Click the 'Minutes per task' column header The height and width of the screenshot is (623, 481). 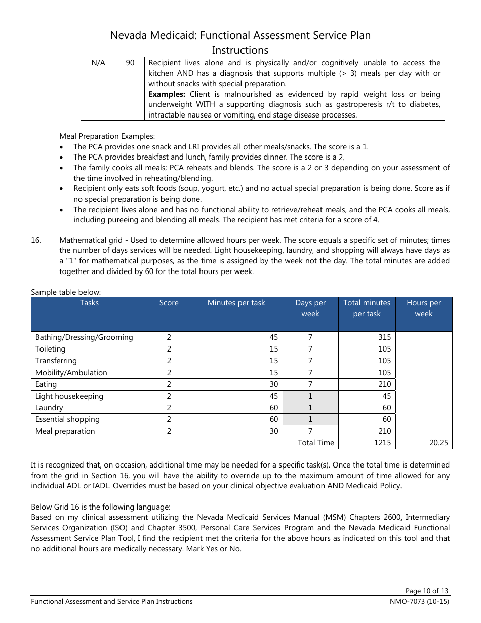pyautogui.click(x=236, y=303)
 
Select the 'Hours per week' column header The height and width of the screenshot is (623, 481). pyautogui.click(x=423, y=308)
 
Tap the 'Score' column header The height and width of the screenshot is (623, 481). pyautogui.click(x=169, y=303)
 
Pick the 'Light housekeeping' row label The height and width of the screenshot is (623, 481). pyautogui.click(x=69, y=396)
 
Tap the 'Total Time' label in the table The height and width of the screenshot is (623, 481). pyautogui.click(x=315, y=443)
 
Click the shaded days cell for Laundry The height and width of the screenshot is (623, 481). pyautogui.click(x=310, y=408)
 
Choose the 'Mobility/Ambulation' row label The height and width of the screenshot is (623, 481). pyautogui.click(x=71, y=373)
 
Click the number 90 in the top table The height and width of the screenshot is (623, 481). pyautogui.click(x=130, y=63)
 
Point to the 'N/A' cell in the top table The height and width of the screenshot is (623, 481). pyautogui.click(x=98, y=63)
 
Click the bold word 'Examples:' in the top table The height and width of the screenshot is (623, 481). pyautogui.click(x=167, y=94)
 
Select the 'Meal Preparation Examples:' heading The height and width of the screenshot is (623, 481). pyautogui.click(x=107, y=136)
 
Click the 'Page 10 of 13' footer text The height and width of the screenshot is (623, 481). pyautogui.click(x=426, y=591)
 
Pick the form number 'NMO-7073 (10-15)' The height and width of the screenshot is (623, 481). pyautogui.click(x=416, y=602)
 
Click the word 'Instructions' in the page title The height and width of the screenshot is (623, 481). pyautogui.click(x=240, y=50)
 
